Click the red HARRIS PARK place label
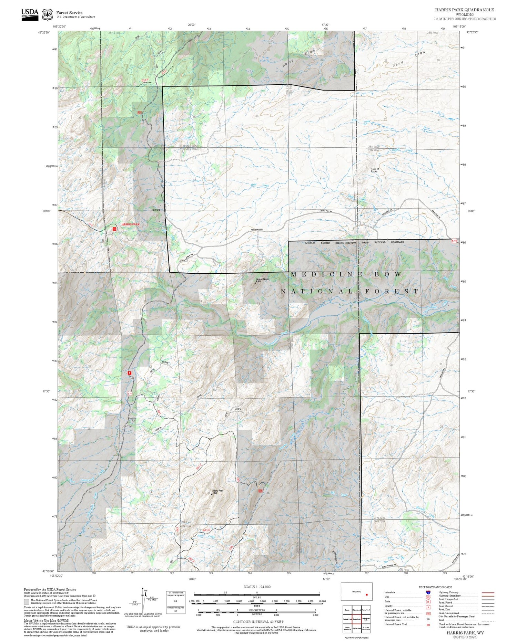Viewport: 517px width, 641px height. pyautogui.click(x=130, y=224)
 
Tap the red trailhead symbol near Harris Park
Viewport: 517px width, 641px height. pyautogui.click(x=114, y=229)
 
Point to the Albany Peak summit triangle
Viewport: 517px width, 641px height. pyautogui.click(x=212, y=494)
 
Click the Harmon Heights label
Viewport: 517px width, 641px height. pyautogui.click(x=262, y=279)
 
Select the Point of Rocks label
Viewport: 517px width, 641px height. pyautogui.click(x=375, y=170)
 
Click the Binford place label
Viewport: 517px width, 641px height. pyautogui.click(x=156, y=210)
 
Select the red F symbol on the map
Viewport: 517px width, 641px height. pyautogui.click(x=130, y=373)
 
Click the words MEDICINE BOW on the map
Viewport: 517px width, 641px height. pyautogui.click(x=346, y=274)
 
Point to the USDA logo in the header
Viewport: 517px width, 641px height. pyautogui.click(x=30, y=14)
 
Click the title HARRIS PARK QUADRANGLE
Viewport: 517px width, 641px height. pyautogui.click(x=464, y=10)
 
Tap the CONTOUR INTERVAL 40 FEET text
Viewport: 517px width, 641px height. pyautogui.click(x=258, y=622)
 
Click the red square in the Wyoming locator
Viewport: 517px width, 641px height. pyautogui.click(x=367, y=595)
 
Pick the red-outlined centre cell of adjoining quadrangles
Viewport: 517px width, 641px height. pyautogui.click(x=357, y=619)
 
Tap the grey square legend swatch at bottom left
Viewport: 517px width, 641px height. pyautogui.click(x=26, y=602)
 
